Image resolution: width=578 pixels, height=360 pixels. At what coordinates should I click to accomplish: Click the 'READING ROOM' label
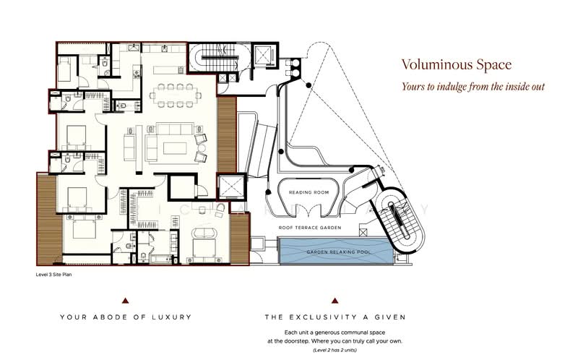(x=309, y=193)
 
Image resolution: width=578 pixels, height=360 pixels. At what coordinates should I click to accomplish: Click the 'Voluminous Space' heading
(x=457, y=64)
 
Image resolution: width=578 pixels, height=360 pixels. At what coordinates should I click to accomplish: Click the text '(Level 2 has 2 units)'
(x=334, y=349)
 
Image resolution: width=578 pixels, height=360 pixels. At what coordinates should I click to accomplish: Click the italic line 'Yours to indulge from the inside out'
(x=473, y=87)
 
